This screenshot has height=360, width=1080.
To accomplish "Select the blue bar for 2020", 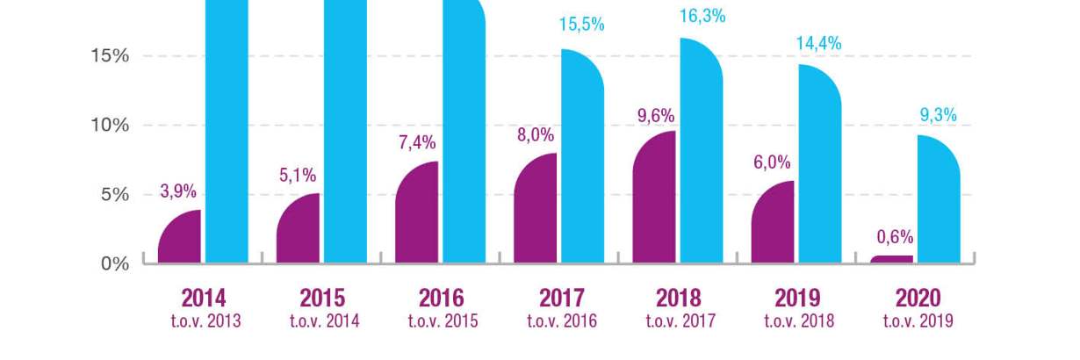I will (x=939, y=202).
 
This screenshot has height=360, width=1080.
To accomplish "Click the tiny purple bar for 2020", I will (x=892, y=259).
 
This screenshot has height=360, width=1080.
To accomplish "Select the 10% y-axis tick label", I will (x=110, y=126).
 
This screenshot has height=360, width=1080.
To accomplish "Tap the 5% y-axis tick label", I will (x=115, y=195).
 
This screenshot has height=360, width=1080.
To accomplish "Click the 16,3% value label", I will (x=702, y=16).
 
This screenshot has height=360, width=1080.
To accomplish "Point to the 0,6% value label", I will (x=895, y=237).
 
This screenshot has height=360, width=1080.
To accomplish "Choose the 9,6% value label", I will (x=654, y=115).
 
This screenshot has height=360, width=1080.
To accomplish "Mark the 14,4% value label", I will (x=818, y=43).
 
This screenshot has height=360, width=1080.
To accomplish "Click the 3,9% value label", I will (x=178, y=191).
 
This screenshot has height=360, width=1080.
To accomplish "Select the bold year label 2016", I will (x=442, y=298).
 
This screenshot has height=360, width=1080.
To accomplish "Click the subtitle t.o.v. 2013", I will (x=205, y=321).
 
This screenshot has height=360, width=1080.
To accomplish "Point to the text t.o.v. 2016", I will (x=561, y=321).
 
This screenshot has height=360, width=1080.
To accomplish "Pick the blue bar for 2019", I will (x=820, y=167).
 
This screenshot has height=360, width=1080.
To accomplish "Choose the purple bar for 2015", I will (x=299, y=230).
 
